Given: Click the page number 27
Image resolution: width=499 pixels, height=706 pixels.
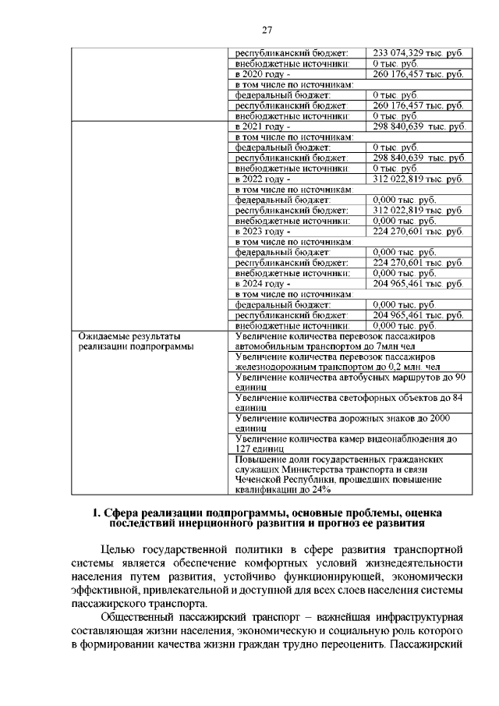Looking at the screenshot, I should [266, 30].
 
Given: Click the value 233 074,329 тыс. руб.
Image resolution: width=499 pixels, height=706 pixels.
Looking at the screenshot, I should [418, 52].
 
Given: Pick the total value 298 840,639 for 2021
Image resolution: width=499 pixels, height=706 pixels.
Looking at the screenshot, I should [419, 126].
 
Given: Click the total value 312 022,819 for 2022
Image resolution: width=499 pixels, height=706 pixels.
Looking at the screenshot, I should [418, 179].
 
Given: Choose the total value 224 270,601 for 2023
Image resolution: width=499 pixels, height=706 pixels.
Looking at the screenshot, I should [418, 232].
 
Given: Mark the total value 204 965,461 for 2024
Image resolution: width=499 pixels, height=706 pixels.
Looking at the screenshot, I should [418, 284].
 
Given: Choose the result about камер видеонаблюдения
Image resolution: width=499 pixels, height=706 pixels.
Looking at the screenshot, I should [345, 443].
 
